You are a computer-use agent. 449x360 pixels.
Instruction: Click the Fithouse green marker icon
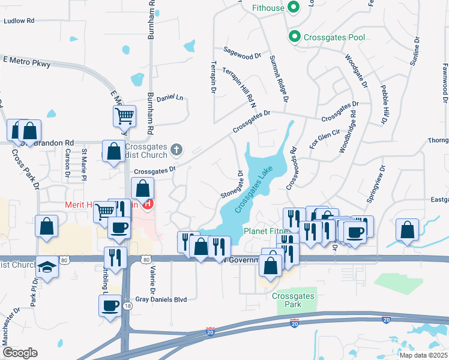coord(294,8)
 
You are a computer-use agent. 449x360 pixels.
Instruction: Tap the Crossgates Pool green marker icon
coord(294,37)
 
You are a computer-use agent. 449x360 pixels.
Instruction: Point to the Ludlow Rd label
coord(19,20)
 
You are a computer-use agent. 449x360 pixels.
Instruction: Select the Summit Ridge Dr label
coord(279,78)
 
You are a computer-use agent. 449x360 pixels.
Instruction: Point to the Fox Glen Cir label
coord(325,140)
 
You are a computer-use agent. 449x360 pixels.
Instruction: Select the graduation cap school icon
coord(47,266)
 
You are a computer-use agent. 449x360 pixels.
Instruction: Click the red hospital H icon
coord(147,204)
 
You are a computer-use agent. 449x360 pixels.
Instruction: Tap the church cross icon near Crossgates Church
coord(176,149)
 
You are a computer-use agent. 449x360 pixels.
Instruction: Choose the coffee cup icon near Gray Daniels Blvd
coord(110,305)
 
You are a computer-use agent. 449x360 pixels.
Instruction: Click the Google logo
coord(20,353)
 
